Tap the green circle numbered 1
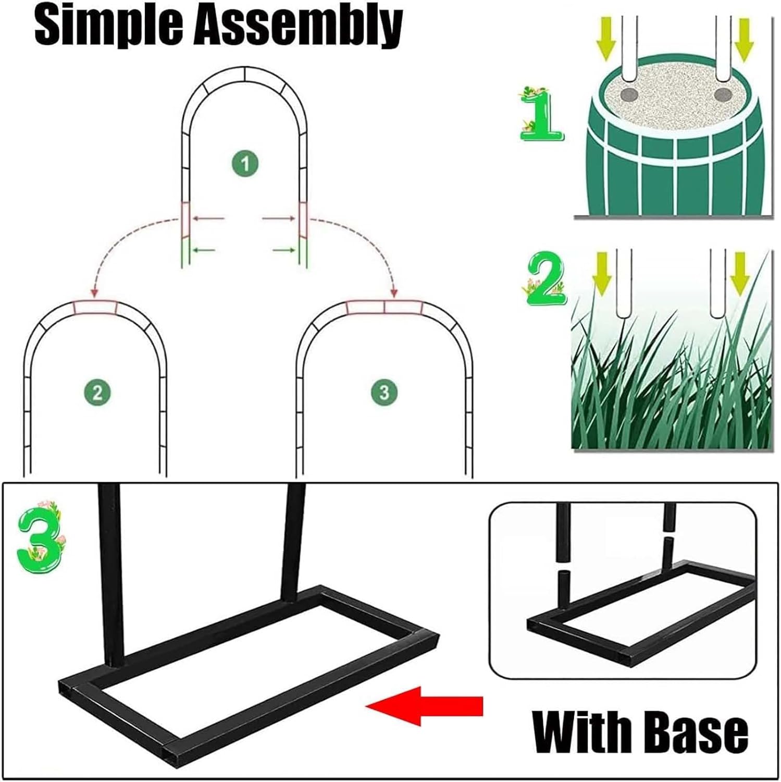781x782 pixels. coord(245,164)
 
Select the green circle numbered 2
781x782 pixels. coord(97,392)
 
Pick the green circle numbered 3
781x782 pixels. coord(384,392)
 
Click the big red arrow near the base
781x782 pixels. coord(425,706)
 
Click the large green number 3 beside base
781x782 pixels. coord(41,537)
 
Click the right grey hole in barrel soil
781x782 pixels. coord(723,95)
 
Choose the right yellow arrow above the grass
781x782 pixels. coord(739,273)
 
